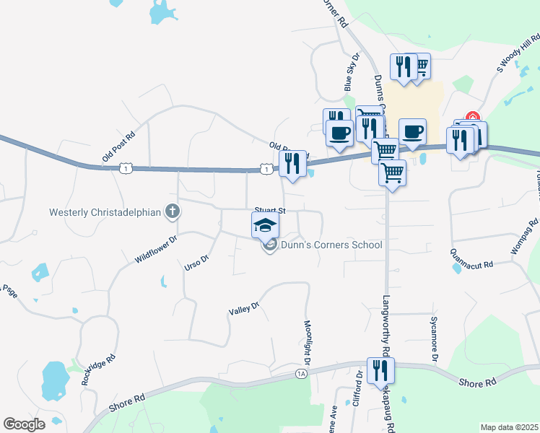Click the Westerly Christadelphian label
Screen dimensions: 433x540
(x=104, y=212)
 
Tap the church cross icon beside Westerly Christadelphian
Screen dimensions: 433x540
(x=172, y=211)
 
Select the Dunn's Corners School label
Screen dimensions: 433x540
(x=331, y=245)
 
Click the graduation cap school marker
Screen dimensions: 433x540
(x=265, y=224)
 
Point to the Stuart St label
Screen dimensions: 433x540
(x=271, y=211)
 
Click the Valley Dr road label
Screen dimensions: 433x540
(x=243, y=311)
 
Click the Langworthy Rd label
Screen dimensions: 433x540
(x=386, y=326)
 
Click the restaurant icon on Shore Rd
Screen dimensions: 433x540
(x=378, y=370)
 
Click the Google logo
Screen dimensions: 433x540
(x=24, y=424)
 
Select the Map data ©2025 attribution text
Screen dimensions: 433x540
(x=508, y=427)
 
